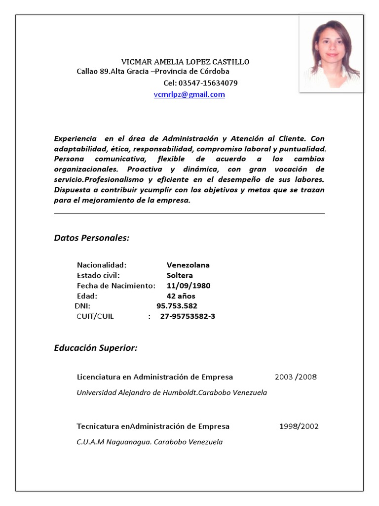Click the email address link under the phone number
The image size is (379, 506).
pyautogui.click(x=189, y=94)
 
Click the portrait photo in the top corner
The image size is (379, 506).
pyautogui.click(x=332, y=53)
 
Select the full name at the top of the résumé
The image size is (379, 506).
pyautogui.click(x=186, y=62)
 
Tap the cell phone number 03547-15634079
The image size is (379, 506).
pyautogui.click(x=200, y=83)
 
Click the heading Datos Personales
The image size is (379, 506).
pyautogui.click(x=91, y=238)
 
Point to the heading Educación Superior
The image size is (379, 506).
pyautogui.click(x=95, y=348)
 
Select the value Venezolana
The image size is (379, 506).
pyautogui.click(x=188, y=265)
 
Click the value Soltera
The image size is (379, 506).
pyautogui.click(x=180, y=275)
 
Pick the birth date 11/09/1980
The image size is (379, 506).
pyautogui.click(x=189, y=286)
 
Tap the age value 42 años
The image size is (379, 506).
pyautogui.click(x=181, y=296)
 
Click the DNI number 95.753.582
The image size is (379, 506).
pyautogui.click(x=177, y=306)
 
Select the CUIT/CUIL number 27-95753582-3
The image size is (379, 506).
pyautogui.click(x=188, y=317)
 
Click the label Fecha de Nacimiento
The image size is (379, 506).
pyautogui.click(x=116, y=286)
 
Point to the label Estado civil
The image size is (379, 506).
pyautogui.click(x=98, y=275)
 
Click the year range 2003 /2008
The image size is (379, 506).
pyautogui.click(x=296, y=377)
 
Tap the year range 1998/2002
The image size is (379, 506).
pyautogui.click(x=299, y=426)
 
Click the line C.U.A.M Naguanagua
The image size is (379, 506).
pyautogui.click(x=150, y=442)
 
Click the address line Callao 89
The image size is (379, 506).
pyautogui.click(x=153, y=72)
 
